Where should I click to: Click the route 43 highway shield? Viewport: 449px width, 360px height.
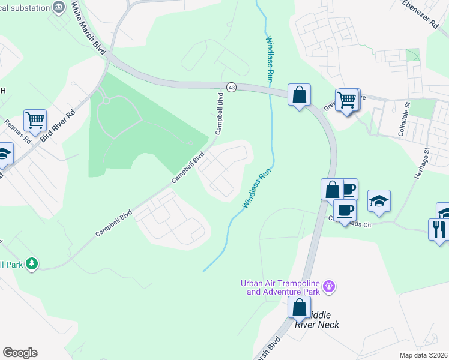[x=231, y=88]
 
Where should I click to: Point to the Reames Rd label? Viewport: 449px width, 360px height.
[x=17, y=131]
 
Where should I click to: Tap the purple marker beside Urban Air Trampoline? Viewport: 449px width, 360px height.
[x=328, y=287]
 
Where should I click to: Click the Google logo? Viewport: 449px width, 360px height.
[x=20, y=353]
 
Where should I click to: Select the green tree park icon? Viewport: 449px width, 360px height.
[x=32, y=263]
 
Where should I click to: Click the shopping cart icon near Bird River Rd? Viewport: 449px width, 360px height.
[x=35, y=120]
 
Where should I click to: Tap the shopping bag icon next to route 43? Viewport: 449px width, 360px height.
[x=299, y=95]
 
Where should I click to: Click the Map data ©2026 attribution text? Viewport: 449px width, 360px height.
[x=423, y=355]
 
